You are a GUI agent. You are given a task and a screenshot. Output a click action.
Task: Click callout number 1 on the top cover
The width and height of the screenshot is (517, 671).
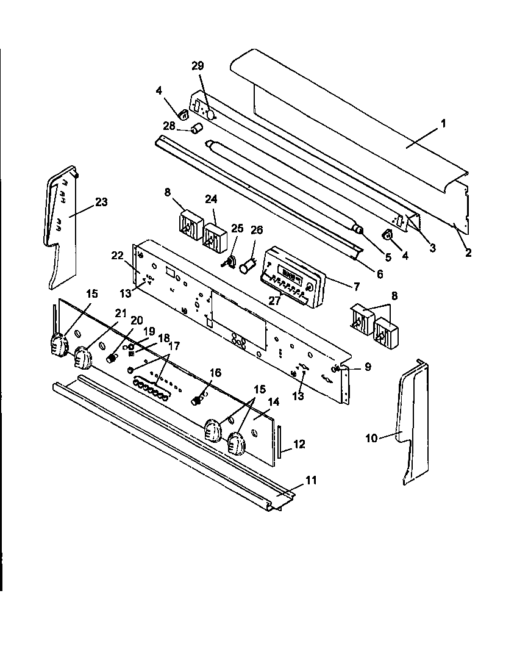coord(443,123)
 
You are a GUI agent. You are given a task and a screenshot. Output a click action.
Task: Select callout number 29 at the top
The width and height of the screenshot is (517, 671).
coord(198,66)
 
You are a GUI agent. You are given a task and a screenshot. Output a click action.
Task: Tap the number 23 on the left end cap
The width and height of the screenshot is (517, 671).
coord(101,202)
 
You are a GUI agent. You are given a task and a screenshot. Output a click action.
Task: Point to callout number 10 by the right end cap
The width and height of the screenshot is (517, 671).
coord(371,437)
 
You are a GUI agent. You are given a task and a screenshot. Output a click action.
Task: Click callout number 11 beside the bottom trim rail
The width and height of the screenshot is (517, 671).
coord(311,480)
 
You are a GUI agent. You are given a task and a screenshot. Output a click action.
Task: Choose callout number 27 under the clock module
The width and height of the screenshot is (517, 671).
coord(276,300)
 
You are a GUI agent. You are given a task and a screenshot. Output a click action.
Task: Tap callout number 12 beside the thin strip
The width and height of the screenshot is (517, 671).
coord(299,444)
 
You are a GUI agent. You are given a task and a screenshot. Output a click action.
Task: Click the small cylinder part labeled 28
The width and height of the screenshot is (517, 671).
coord(196,129)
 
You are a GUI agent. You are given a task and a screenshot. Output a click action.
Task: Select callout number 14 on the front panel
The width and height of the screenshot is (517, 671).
coord(273,402)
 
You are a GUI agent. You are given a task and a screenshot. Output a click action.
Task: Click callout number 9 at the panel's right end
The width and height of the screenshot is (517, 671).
coord(367,367)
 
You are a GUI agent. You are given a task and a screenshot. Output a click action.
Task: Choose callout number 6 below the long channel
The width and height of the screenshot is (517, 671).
coord(380,274)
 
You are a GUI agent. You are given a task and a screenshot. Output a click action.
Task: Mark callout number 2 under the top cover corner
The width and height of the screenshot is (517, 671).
coord(468,253)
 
